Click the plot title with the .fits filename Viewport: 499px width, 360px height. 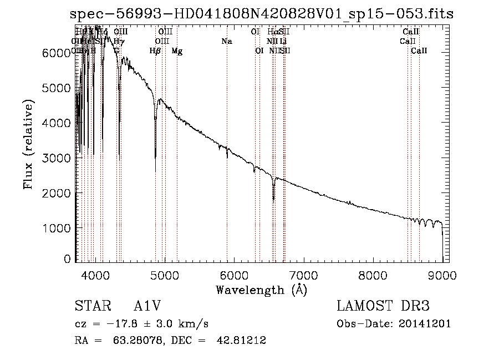click(x=262, y=14)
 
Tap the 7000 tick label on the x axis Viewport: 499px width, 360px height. click(x=303, y=276)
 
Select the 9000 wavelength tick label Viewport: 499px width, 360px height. click(x=442, y=276)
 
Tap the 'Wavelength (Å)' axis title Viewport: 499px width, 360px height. click(x=261, y=290)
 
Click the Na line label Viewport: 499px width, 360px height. click(x=226, y=42)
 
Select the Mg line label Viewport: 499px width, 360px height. click(x=177, y=51)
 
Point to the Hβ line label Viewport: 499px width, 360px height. click(x=155, y=51)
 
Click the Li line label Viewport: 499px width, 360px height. click(x=283, y=42)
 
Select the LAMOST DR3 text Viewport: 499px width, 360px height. click(x=383, y=306)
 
